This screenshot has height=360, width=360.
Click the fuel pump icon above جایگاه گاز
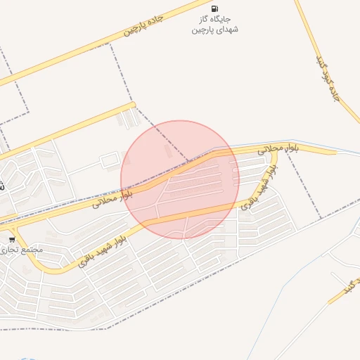tap(214, 8)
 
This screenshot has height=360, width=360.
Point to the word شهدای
tap(227, 30)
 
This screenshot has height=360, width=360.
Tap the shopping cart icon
tap(12, 240)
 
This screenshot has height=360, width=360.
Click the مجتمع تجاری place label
tap(21, 250)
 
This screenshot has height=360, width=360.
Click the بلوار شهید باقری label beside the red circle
tap(256, 191)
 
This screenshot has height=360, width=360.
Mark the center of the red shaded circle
tap(180, 179)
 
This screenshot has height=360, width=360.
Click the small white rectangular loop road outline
tap(109, 162)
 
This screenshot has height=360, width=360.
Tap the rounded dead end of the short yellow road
tap(132, 105)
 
